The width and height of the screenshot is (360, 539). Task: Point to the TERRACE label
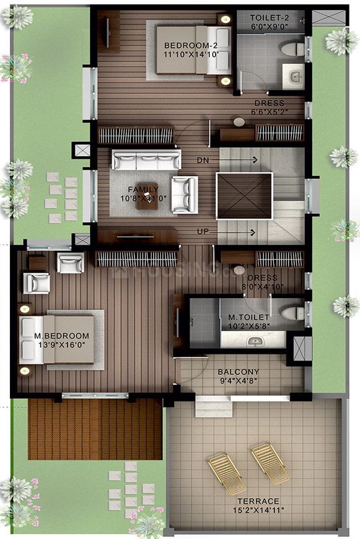click(257, 501)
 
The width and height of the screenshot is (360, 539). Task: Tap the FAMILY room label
click(143, 189)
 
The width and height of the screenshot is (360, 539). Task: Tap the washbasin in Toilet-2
click(293, 77)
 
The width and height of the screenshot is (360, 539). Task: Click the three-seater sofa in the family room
click(146, 160)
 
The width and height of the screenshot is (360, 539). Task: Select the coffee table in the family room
click(147, 201)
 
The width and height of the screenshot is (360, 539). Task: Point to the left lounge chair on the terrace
click(226, 474)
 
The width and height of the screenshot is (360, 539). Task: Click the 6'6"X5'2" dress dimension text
click(269, 113)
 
